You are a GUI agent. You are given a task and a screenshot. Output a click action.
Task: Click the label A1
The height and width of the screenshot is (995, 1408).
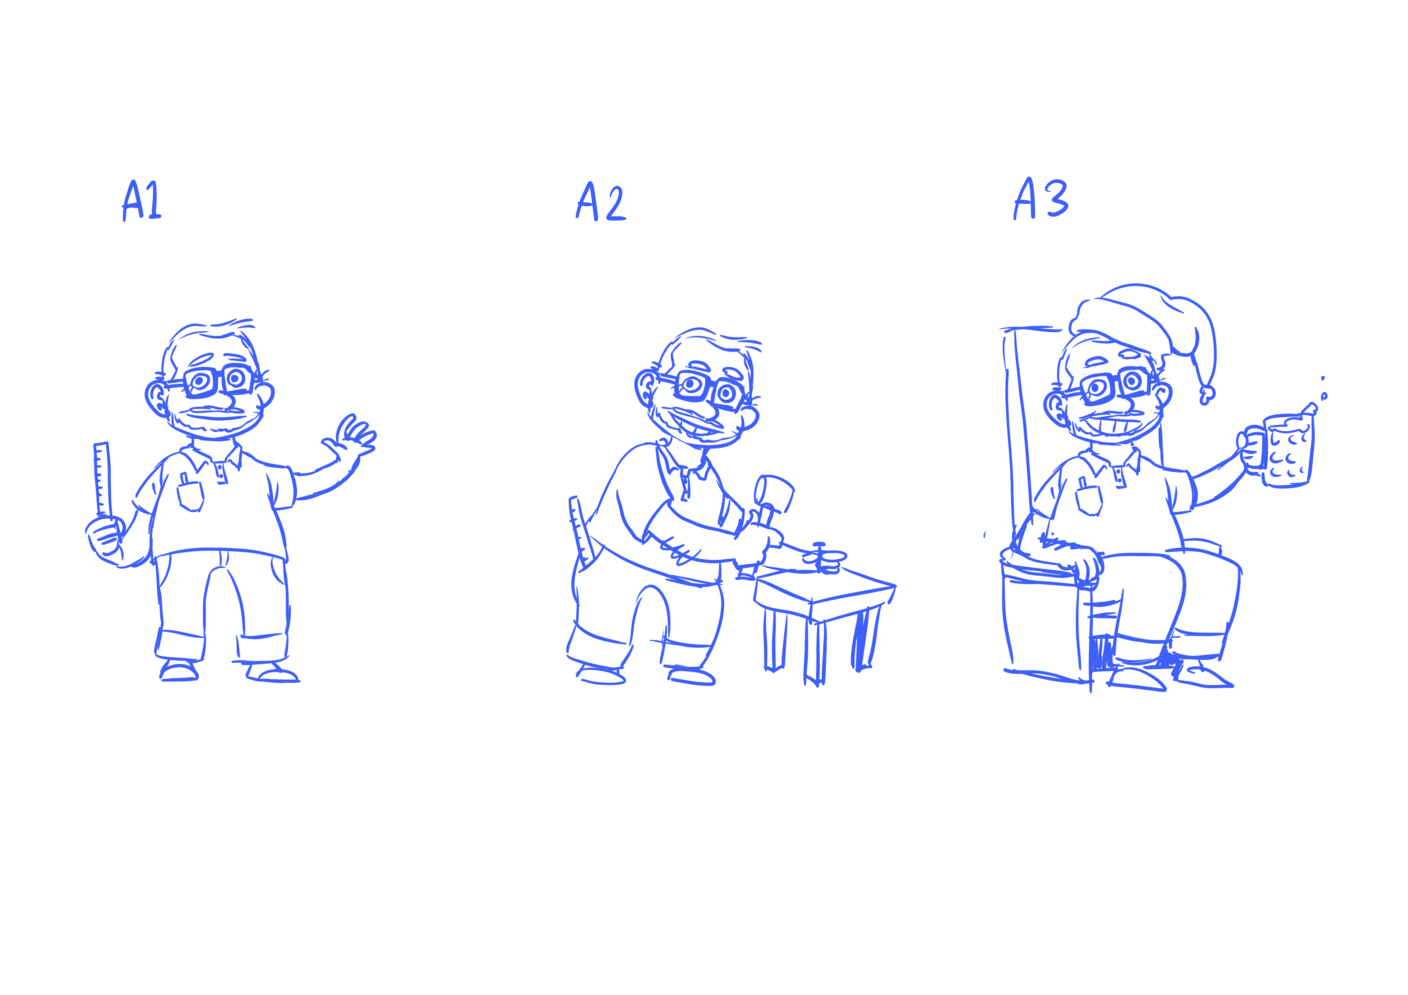pos(142,200)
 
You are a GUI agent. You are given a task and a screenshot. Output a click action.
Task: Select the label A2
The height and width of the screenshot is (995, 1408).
pos(601,201)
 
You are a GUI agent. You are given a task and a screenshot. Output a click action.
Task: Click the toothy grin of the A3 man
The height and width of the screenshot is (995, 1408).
pos(1113,424)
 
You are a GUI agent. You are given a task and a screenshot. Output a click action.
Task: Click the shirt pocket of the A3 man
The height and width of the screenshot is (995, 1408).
pos(1089,498)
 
